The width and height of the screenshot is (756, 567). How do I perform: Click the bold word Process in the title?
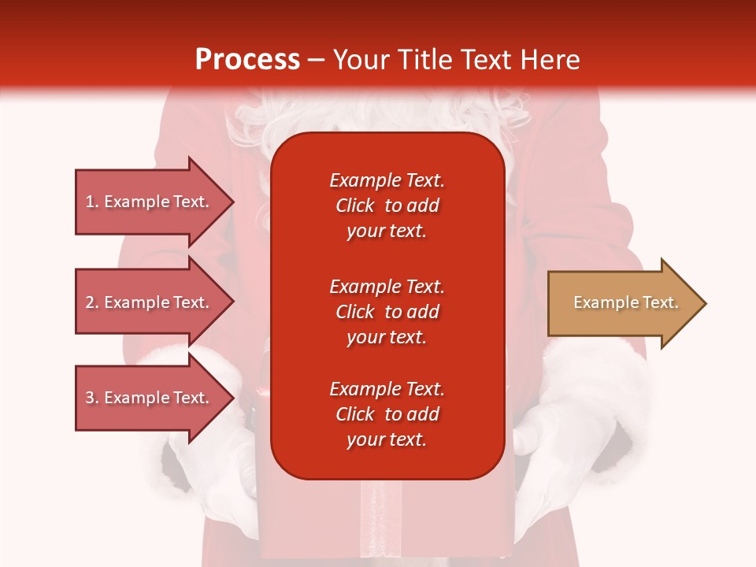coord(247,60)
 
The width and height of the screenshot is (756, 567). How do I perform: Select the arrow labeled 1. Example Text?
coord(148,202)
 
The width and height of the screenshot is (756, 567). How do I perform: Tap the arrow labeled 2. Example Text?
coord(148,302)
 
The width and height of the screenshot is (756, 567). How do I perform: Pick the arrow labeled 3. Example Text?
coord(148,398)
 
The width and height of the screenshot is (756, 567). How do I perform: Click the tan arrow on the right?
coord(622,303)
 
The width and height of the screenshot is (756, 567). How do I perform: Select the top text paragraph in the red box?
coord(387,206)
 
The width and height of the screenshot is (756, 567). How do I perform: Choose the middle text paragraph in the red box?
coord(387,312)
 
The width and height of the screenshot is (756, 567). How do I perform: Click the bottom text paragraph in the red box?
coord(387,414)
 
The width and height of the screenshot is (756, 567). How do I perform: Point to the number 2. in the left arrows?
coord(92,302)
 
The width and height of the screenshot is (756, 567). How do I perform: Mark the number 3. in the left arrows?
coord(92,398)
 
